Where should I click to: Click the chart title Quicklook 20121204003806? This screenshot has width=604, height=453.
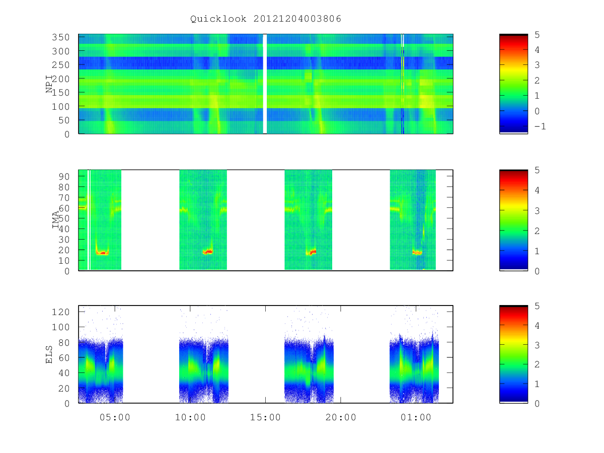[266, 19]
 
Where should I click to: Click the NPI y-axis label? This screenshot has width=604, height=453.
[49, 84]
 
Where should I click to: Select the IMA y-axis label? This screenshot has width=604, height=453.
[55, 220]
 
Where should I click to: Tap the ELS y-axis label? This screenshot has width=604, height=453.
[49, 354]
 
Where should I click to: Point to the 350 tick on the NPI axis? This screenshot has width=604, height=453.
[60, 37]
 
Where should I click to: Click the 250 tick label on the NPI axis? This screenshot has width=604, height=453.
[60, 65]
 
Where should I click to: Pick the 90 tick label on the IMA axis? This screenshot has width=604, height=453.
[64, 177]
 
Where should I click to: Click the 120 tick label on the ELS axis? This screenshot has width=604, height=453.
[60, 312]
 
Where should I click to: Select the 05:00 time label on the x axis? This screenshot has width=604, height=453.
[115, 417]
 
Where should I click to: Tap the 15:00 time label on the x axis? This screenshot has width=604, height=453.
[265, 417]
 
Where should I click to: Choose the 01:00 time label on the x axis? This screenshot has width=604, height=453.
[416, 417]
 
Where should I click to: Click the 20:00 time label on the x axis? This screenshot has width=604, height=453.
[341, 417]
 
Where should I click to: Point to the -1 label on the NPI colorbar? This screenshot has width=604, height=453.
[540, 126]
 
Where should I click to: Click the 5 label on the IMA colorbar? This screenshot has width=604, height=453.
[537, 170]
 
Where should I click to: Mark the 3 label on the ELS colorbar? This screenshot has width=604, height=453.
[537, 345]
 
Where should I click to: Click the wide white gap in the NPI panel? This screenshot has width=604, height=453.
[265, 84]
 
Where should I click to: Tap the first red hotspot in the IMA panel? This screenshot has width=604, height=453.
[102, 253]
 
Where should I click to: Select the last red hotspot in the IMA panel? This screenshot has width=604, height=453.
[417, 252]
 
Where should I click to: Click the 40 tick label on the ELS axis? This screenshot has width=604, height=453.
[64, 373]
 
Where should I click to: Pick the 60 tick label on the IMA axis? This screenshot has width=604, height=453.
[64, 208]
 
